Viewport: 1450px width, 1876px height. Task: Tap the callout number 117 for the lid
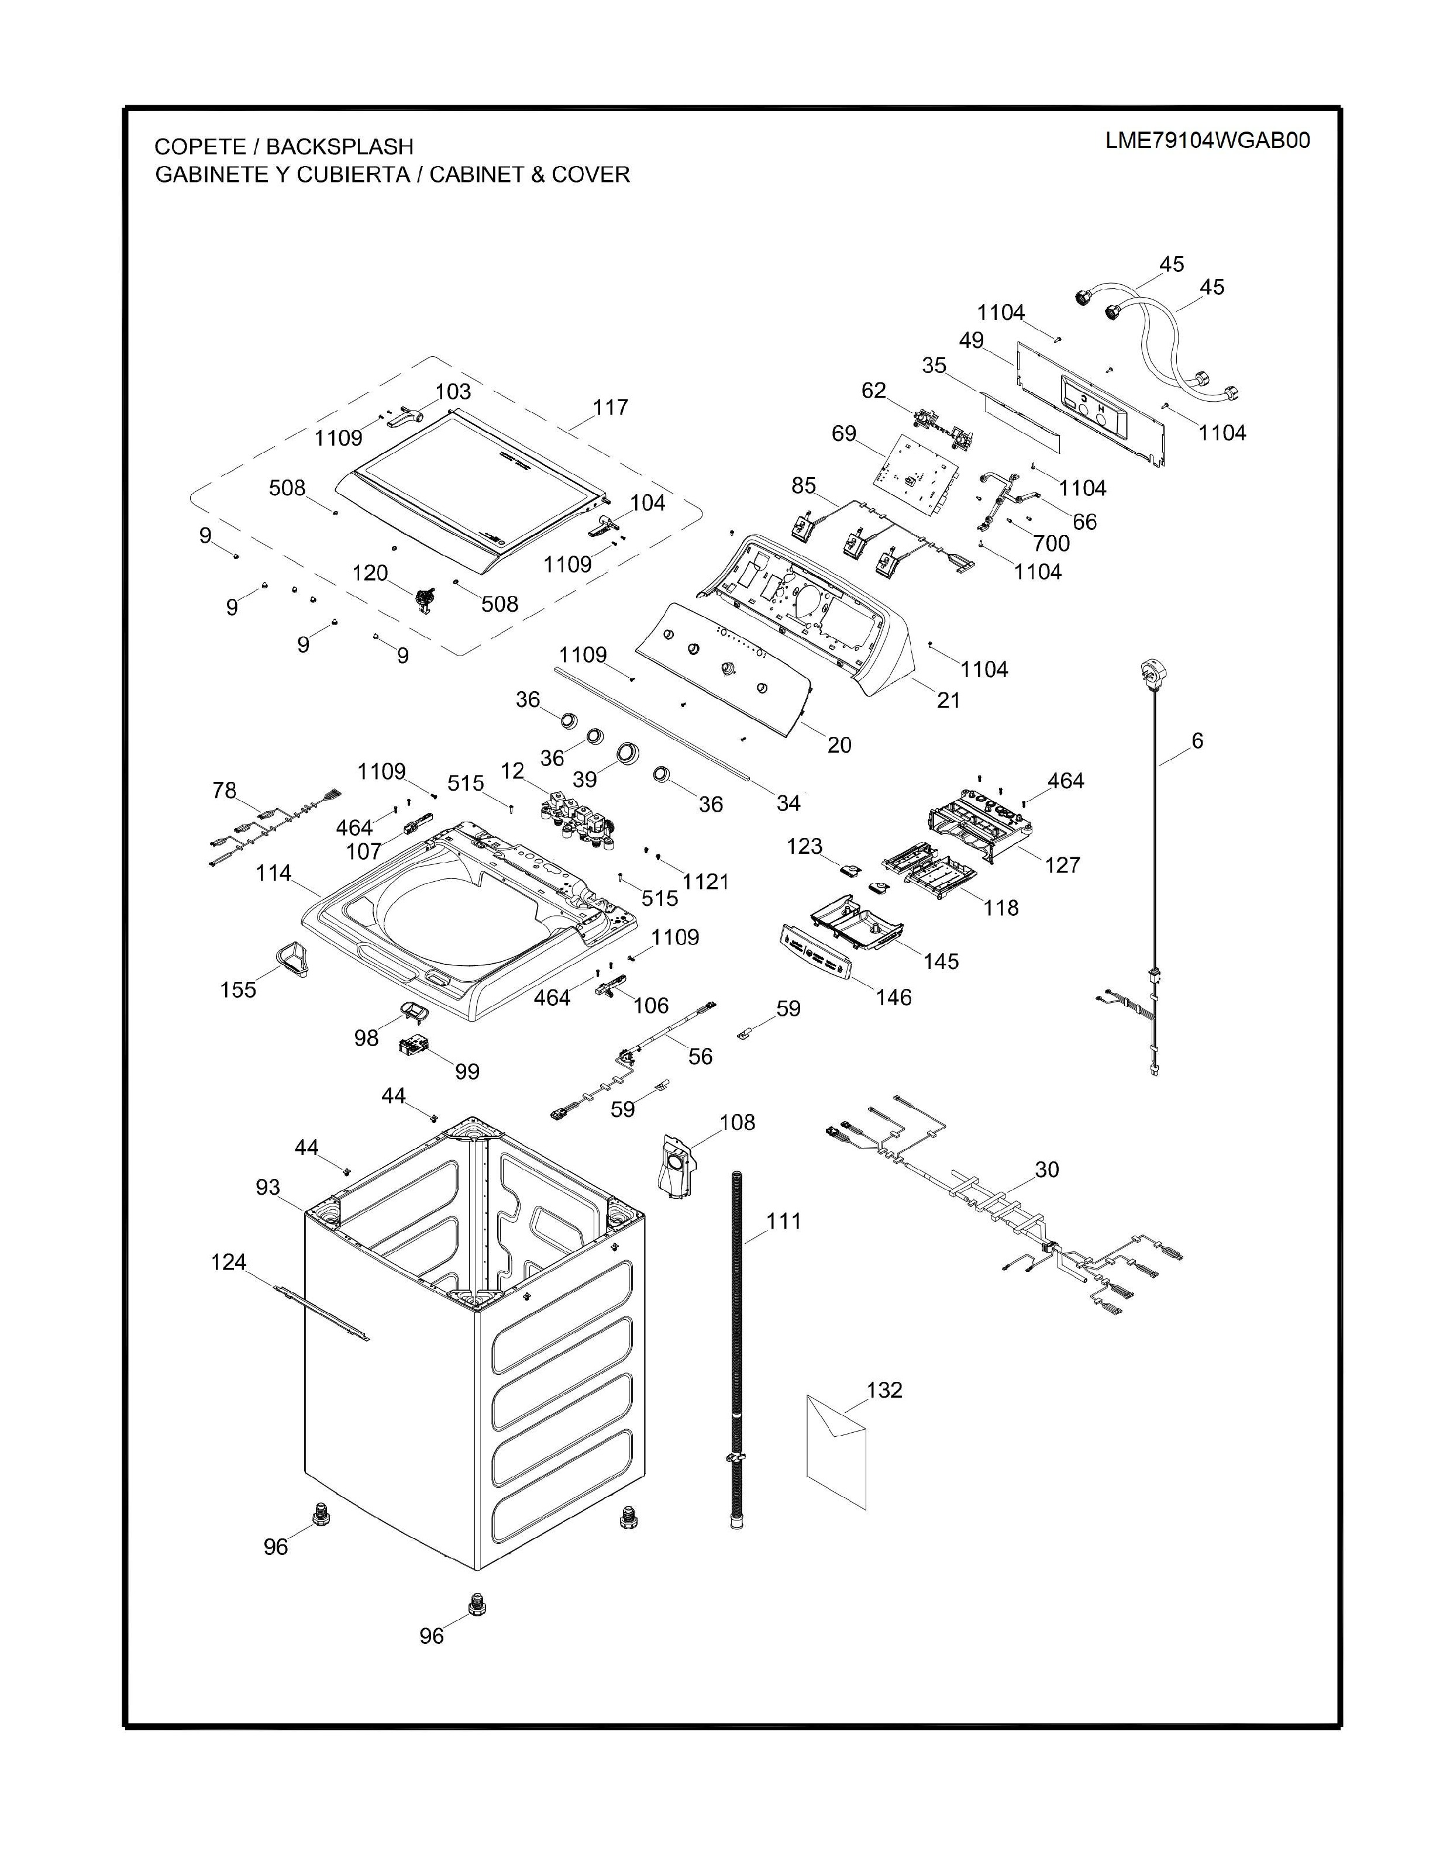[610, 407]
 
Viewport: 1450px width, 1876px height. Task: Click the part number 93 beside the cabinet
[268, 1187]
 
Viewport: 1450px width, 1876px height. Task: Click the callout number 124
[229, 1262]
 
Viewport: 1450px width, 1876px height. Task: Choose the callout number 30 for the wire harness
[1047, 1169]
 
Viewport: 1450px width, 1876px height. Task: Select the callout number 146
[893, 996]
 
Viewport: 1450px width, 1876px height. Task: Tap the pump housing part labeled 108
[678, 1165]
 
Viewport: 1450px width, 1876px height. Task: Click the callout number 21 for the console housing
[948, 700]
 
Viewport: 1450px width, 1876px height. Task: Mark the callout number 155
[238, 989]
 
